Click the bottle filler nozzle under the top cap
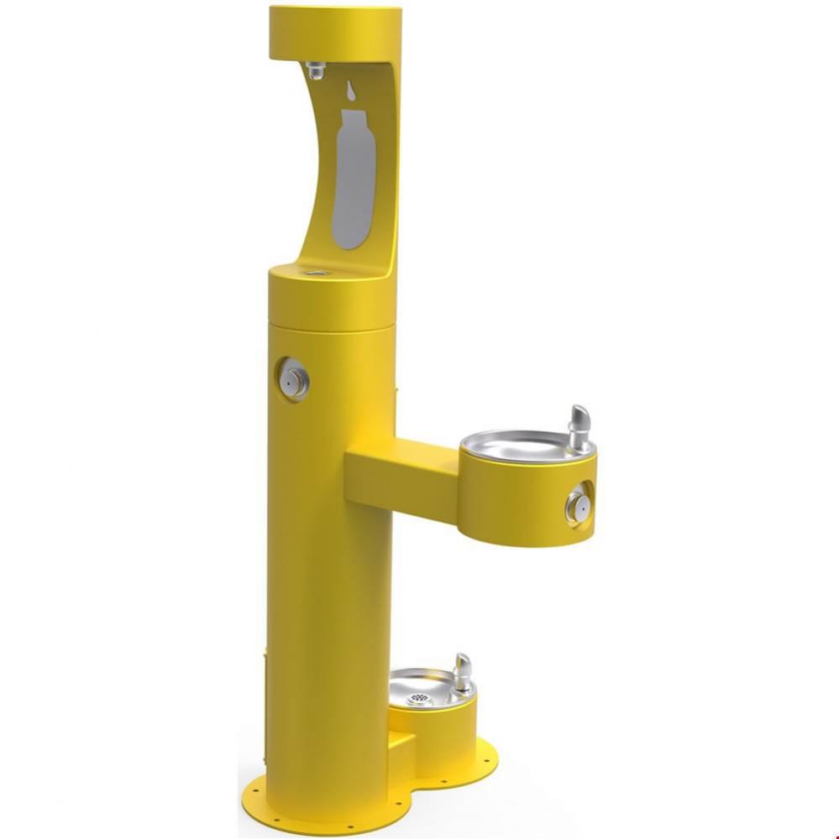(x=316, y=70)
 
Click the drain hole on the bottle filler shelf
(x=317, y=272)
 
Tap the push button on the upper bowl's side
(x=577, y=505)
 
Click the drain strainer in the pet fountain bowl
(x=418, y=698)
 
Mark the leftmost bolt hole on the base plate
(x=254, y=789)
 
